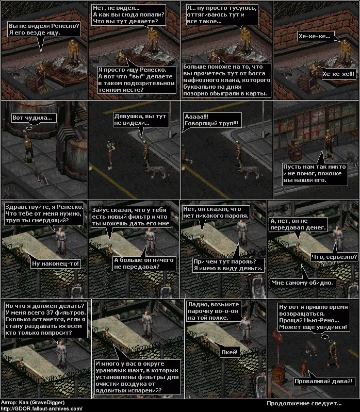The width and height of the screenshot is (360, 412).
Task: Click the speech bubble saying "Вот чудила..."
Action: coord(32,118)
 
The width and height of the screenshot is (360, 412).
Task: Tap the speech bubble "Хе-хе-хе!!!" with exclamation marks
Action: coord(338,74)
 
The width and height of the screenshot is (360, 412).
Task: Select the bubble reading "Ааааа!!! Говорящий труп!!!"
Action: coord(211,120)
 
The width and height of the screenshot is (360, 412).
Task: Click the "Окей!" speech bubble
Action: coord(230,352)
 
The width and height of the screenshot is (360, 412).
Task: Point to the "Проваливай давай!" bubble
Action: coord(323,381)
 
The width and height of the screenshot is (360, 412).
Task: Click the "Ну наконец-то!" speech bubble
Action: coord(56,263)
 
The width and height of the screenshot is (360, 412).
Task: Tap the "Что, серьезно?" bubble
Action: coord(334,257)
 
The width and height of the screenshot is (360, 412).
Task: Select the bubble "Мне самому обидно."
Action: coord(302,283)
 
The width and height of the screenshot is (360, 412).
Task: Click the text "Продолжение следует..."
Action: coord(304,403)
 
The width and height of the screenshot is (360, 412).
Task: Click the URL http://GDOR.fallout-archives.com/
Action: coord(41,408)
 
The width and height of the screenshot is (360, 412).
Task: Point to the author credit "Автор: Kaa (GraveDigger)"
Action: coord(32,402)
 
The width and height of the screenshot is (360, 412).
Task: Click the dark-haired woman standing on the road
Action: coord(110,153)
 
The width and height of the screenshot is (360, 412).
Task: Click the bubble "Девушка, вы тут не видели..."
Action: coord(140,120)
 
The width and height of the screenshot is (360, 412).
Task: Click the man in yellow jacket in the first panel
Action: coord(73,53)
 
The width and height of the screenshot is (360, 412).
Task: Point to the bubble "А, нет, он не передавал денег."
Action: coord(298,224)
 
